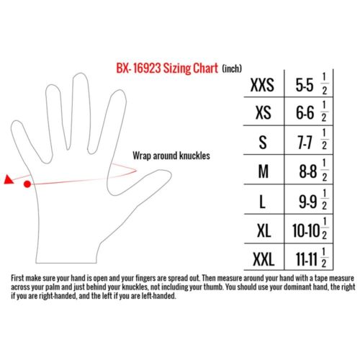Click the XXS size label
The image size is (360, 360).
pyautogui.click(x=262, y=85)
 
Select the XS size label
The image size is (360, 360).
pyautogui.click(x=264, y=113)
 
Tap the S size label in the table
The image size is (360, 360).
pyautogui.click(x=263, y=143)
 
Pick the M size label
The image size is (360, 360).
pyautogui.click(x=264, y=171)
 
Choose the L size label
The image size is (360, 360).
pyautogui.click(x=263, y=201)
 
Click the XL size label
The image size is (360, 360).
pyautogui.click(x=264, y=230)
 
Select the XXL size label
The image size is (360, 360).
pyautogui.click(x=264, y=259)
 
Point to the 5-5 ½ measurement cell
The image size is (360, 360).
pyautogui.click(x=311, y=84)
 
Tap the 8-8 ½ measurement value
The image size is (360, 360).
pyautogui.click(x=313, y=171)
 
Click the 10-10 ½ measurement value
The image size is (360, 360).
pyautogui.click(x=310, y=229)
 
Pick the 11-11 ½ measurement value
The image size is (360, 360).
pyautogui.click(x=311, y=258)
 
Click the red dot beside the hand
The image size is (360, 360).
pyautogui.click(x=27, y=184)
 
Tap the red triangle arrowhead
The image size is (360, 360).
pyautogui.click(x=9, y=179)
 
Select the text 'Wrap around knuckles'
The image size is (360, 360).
pyautogui.click(x=171, y=156)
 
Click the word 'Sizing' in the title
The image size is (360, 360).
pyautogui.click(x=177, y=68)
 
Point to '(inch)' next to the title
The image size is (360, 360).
pyautogui.click(x=232, y=68)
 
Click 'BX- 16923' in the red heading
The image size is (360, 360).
pyautogui.click(x=138, y=68)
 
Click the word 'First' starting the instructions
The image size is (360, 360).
pyautogui.click(x=17, y=278)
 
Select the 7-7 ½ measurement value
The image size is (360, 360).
pyautogui.click(x=312, y=142)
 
